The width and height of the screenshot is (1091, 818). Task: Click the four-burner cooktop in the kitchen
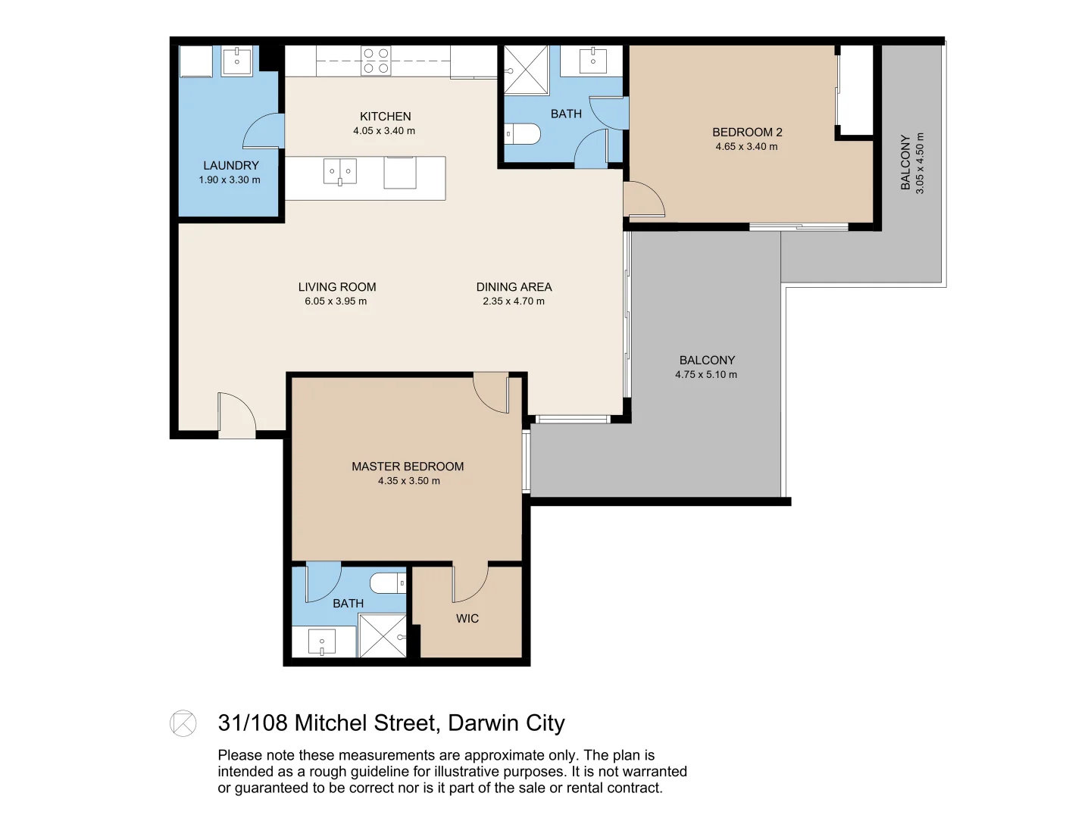point(376,60)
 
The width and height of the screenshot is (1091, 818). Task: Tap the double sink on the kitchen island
point(340,171)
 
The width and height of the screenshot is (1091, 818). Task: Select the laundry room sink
point(236,61)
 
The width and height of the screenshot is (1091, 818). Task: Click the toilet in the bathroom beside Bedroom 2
point(522,133)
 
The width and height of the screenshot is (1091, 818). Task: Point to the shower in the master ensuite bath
point(382,635)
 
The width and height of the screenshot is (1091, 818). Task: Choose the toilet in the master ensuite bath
point(388,582)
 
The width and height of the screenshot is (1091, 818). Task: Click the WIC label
point(467,618)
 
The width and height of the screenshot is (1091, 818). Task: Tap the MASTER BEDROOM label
point(408,467)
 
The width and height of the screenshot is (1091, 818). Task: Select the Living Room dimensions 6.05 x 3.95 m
point(336,301)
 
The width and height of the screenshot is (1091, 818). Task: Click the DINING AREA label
point(514,287)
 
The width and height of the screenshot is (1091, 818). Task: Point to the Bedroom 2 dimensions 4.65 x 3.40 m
point(746,146)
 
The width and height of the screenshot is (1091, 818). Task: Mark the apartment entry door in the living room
point(237,415)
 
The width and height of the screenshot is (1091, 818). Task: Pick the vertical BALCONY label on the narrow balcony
point(905,162)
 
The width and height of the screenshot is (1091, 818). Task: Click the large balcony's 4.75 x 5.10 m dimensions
point(706,374)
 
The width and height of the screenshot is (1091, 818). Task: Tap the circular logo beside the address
point(183,723)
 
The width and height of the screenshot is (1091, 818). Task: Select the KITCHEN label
point(385,117)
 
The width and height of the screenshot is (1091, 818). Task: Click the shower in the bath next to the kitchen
point(526,70)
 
